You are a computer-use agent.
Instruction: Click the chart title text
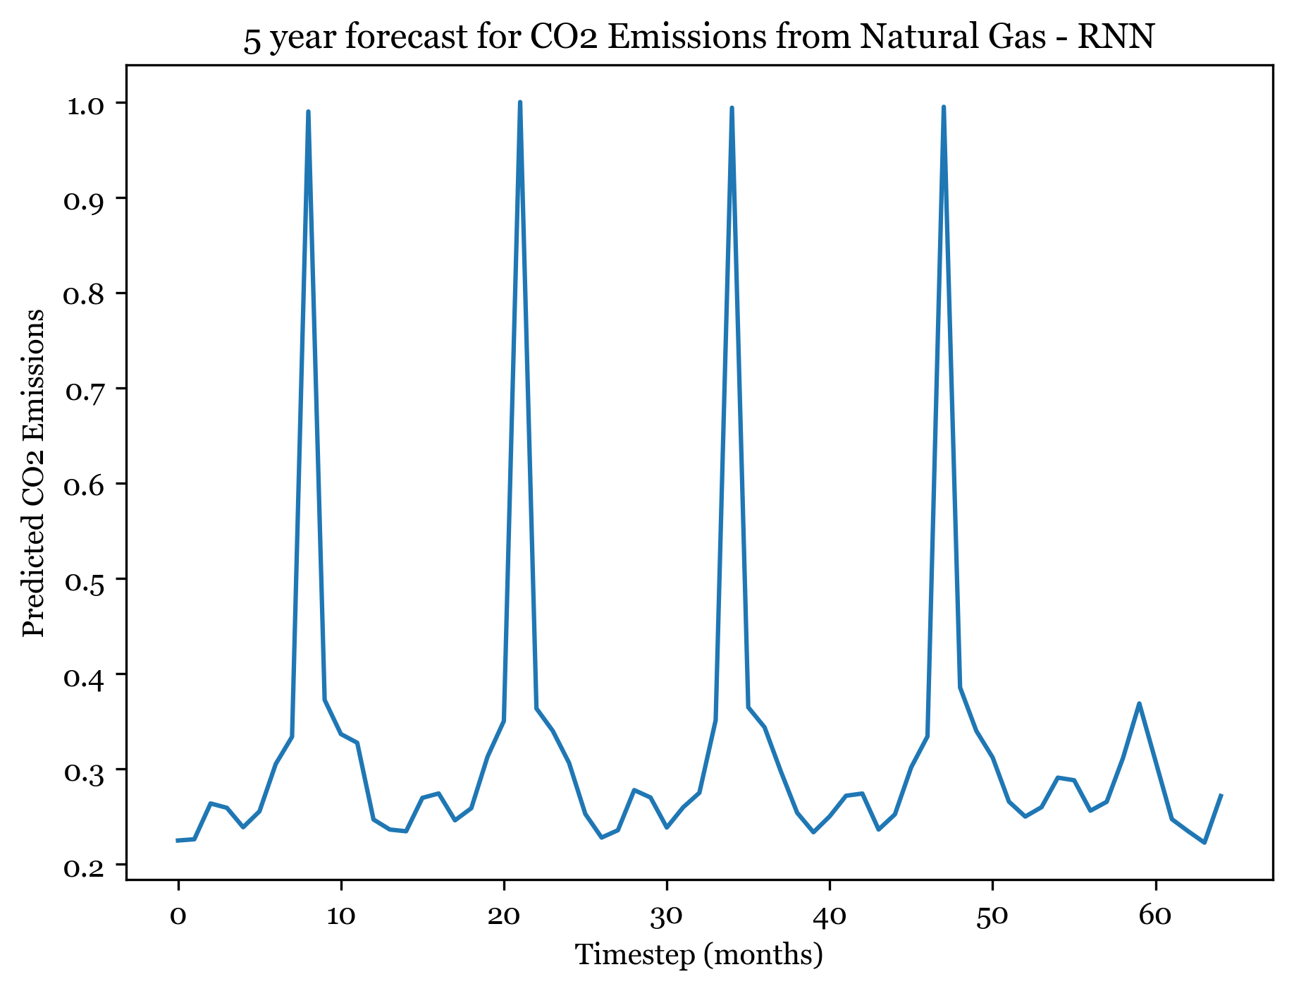(x=698, y=38)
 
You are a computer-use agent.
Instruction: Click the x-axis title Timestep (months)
(x=698, y=955)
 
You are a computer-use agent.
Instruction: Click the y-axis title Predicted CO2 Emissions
(x=34, y=473)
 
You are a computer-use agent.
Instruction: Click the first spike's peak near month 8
(x=309, y=111)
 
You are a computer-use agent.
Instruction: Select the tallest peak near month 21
(x=520, y=102)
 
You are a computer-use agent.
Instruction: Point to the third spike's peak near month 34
(x=732, y=108)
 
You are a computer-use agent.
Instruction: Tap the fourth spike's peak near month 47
(x=943, y=107)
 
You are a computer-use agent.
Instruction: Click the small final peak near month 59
(x=1139, y=703)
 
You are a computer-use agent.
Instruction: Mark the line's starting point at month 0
(x=178, y=840)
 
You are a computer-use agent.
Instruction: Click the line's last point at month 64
(x=1220, y=796)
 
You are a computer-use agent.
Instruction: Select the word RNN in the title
(x=1126, y=38)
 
